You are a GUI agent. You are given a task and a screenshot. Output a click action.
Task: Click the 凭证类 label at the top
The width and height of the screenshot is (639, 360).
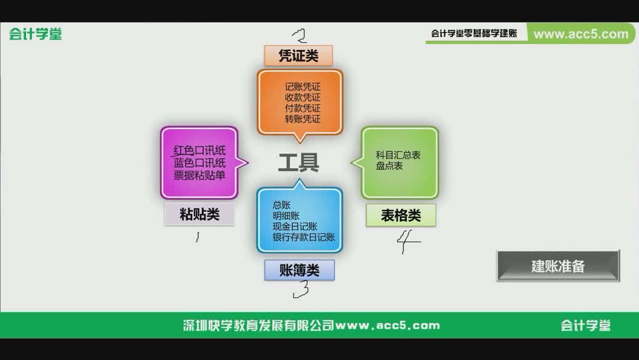(x=298, y=56)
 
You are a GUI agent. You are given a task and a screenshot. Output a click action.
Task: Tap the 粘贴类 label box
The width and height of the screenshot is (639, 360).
(x=199, y=214)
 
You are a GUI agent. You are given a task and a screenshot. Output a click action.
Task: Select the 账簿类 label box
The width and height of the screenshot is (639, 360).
(x=299, y=270)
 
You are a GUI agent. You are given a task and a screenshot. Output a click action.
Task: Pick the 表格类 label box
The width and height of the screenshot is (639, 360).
(x=401, y=216)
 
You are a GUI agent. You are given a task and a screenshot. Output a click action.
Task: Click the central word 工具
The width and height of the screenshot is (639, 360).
(x=299, y=162)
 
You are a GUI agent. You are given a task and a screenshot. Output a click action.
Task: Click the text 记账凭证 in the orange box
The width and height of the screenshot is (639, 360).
(x=302, y=87)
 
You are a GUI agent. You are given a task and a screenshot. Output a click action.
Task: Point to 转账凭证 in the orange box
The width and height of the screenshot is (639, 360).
(x=302, y=119)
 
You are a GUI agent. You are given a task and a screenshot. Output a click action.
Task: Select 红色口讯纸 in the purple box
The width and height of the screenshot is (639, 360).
(x=199, y=150)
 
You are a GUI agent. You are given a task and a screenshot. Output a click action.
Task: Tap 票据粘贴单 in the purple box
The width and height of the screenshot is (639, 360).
(x=199, y=175)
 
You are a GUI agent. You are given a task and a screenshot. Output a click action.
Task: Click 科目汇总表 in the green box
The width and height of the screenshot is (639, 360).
(x=398, y=155)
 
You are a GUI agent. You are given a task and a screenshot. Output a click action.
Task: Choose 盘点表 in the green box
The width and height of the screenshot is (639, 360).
(x=389, y=166)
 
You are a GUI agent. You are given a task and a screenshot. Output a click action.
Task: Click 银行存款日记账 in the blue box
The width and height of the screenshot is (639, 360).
(x=304, y=237)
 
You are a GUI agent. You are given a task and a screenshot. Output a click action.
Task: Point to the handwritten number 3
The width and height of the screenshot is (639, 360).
(x=301, y=289)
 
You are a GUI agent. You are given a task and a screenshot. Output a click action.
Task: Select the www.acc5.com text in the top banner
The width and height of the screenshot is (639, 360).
(x=580, y=34)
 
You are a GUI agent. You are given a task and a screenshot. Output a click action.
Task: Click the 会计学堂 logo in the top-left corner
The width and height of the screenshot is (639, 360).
(x=35, y=34)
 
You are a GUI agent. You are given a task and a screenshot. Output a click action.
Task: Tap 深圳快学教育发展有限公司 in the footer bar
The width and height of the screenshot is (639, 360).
(x=259, y=325)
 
